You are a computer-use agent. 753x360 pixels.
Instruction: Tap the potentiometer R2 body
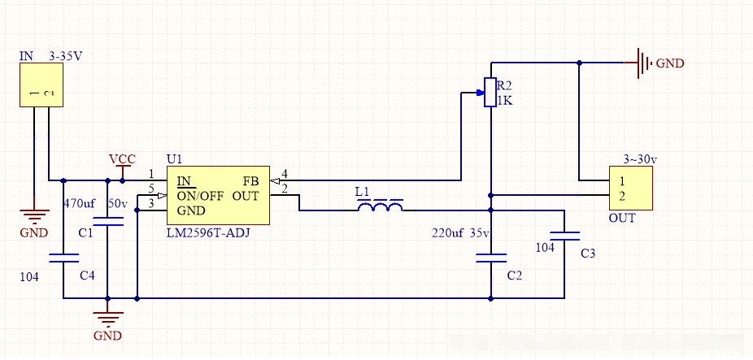point(490,92)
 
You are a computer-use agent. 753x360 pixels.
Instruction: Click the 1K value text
point(505,101)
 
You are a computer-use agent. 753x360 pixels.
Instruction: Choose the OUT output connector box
point(631,189)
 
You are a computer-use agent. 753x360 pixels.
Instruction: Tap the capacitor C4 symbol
point(63,258)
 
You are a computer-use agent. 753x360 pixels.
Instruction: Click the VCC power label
point(122,158)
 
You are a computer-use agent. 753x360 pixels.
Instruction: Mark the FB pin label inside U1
point(251,180)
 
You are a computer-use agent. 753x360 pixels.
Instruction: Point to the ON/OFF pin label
point(200,196)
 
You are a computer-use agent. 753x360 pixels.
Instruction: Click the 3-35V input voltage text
point(66,56)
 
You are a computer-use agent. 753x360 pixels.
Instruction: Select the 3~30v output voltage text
point(639,158)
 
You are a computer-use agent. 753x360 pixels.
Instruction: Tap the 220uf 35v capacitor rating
point(460,233)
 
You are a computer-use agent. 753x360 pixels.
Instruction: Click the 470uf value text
point(80,202)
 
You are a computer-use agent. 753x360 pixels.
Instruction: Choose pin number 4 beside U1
point(284,174)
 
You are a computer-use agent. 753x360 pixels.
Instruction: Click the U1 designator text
point(175,158)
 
